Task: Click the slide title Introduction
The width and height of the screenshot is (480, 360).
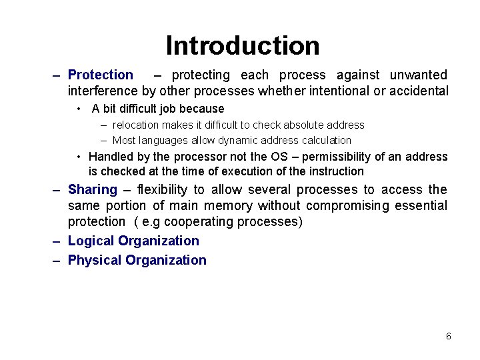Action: [243, 45]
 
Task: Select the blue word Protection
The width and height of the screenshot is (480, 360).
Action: [101, 75]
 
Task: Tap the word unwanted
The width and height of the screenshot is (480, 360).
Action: [418, 75]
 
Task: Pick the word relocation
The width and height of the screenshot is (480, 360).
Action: [135, 125]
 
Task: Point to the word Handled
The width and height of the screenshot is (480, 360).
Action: [111, 157]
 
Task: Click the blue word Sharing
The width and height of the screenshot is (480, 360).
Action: [93, 190]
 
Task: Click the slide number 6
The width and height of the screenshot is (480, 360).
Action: [449, 336]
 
